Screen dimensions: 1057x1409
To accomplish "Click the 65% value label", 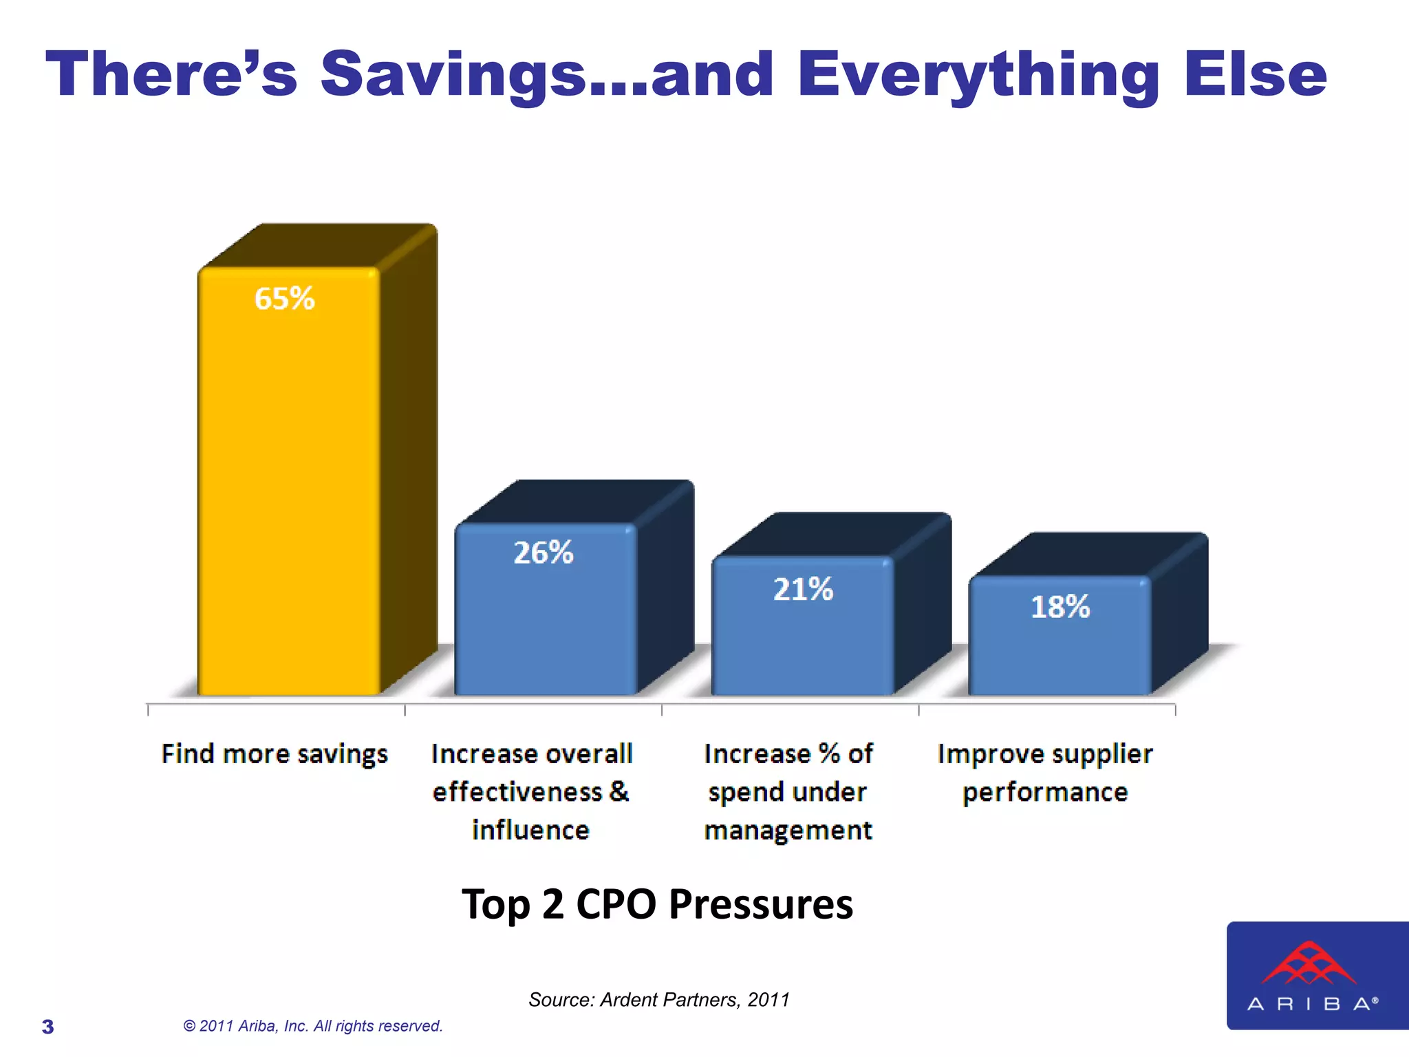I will pyautogui.click(x=284, y=299).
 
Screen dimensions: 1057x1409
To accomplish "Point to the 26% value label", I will pyautogui.click(x=544, y=553).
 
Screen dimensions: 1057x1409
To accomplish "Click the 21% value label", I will pyautogui.click(x=803, y=590).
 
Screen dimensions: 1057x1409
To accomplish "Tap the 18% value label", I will pyautogui.click(x=1060, y=607).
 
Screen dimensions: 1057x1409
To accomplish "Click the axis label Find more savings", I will pyautogui.click(x=275, y=754).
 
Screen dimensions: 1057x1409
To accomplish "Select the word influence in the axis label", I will pyautogui.click(x=530, y=830).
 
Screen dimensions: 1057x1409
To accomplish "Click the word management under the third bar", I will pyautogui.click(x=788, y=831).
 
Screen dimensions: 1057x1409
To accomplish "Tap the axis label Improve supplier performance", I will pyautogui.click(x=1045, y=773).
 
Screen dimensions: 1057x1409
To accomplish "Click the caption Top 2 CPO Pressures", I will pyautogui.click(x=657, y=904).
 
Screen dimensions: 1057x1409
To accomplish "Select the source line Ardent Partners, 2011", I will pyautogui.click(x=659, y=999).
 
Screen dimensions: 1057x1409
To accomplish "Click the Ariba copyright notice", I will pyautogui.click(x=313, y=1026).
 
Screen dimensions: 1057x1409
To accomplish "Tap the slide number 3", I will pyautogui.click(x=47, y=1027).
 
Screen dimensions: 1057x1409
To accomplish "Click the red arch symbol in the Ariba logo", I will pyautogui.click(x=1309, y=963).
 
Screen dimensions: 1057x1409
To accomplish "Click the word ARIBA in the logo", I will pyautogui.click(x=1311, y=1004).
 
